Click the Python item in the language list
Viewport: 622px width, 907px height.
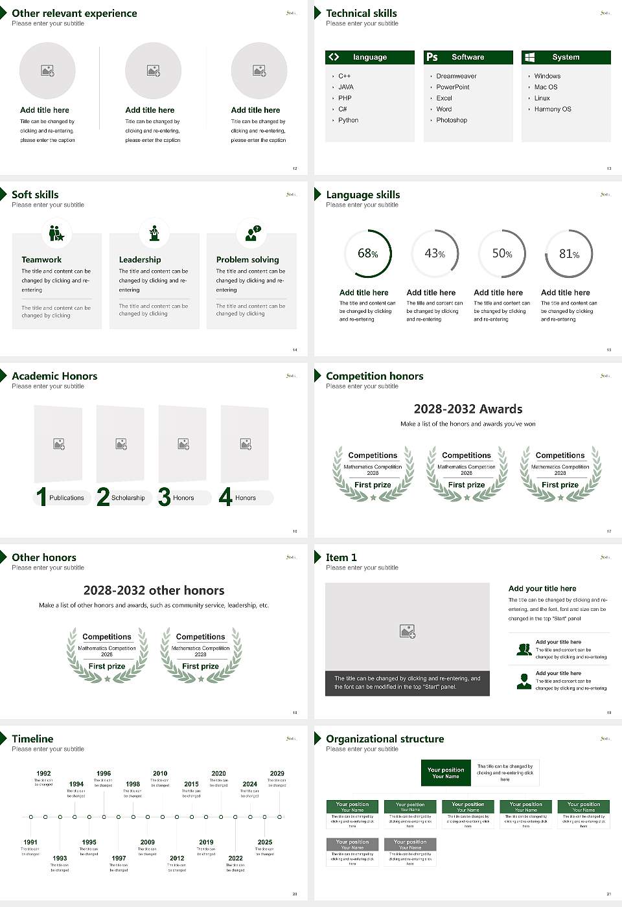(348, 121)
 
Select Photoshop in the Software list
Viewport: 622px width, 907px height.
(452, 121)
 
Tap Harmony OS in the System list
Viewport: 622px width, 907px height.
(553, 109)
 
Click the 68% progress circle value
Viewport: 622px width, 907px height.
(368, 253)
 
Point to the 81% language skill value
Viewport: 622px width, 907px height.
(569, 254)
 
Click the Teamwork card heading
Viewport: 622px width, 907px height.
(41, 260)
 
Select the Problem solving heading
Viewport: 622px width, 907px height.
(248, 260)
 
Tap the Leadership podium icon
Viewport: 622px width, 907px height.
(154, 233)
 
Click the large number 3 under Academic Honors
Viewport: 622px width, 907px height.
(165, 497)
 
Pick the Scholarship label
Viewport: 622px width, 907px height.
(128, 498)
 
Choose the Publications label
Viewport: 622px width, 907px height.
(67, 498)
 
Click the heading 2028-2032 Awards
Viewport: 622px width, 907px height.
(468, 409)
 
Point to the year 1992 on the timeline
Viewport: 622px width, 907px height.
(43, 774)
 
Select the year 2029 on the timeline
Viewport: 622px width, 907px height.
(277, 774)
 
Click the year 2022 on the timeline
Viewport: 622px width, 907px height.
(235, 858)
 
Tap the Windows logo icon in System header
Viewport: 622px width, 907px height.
(529, 57)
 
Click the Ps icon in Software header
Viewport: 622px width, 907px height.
(432, 57)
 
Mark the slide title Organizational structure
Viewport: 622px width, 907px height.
(385, 739)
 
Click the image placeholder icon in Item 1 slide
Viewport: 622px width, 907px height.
(408, 631)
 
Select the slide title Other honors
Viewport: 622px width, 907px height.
(44, 557)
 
